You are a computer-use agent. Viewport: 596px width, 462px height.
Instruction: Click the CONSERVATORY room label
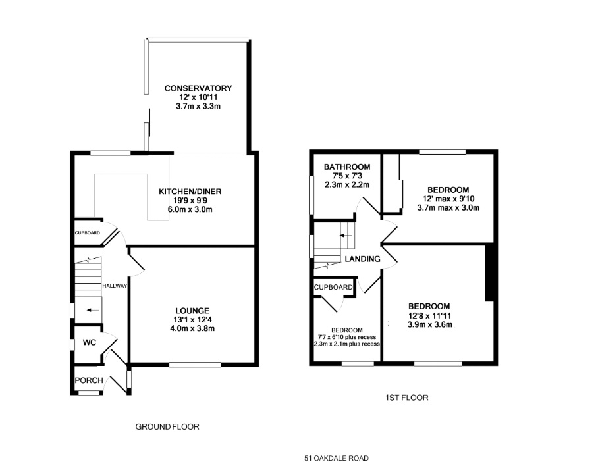[198, 88]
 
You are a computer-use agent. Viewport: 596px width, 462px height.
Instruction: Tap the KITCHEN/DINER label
[190, 192]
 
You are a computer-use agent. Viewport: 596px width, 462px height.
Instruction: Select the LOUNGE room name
[192, 311]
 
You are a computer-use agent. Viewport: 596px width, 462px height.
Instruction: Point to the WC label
[90, 342]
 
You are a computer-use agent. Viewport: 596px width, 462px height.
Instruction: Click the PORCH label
[89, 380]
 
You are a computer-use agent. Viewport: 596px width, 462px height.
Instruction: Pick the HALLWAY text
[115, 286]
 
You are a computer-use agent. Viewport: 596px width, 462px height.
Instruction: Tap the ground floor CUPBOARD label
[88, 233]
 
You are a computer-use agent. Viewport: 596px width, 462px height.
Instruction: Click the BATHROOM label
[347, 167]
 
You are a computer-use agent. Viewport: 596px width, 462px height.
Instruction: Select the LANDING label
[363, 259]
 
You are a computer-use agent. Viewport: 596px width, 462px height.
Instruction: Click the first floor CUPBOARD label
[333, 287]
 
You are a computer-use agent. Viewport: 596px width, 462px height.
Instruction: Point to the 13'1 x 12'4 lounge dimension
[192, 320]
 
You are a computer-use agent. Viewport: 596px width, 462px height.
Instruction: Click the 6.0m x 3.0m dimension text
[190, 209]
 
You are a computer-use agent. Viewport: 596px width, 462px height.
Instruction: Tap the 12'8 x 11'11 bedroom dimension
[430, 315]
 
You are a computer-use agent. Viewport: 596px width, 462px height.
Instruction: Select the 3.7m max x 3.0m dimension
[448, 208]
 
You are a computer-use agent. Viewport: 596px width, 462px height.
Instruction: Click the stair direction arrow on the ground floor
[92, 311]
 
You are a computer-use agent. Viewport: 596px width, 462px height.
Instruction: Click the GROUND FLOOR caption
[167, 427]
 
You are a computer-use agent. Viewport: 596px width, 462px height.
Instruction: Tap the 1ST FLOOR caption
[407, 398]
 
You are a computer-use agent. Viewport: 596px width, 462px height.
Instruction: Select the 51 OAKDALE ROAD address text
[337, 458]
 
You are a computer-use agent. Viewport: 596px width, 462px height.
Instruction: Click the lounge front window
[195, 365]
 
